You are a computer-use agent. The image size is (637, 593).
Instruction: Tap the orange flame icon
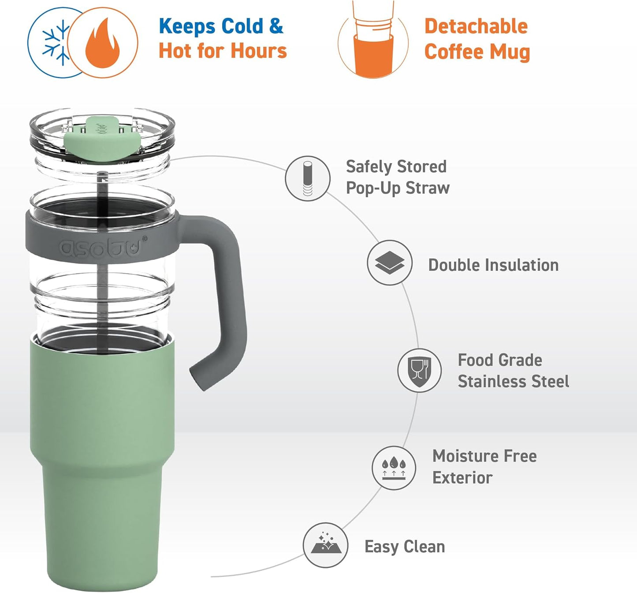coord(102,43)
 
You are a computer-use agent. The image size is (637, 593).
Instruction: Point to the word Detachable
coord(476,26)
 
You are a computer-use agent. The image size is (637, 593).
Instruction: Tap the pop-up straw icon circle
coord(308,179)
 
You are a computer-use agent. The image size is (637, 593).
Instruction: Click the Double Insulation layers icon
coord(390,263)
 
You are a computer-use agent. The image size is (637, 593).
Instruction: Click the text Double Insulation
coord(493,265)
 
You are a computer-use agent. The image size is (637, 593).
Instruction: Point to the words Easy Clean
coord(405,547)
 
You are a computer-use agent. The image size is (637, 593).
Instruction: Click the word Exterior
coord(462,478)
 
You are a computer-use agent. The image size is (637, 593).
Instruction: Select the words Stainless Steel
coord(513,381)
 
